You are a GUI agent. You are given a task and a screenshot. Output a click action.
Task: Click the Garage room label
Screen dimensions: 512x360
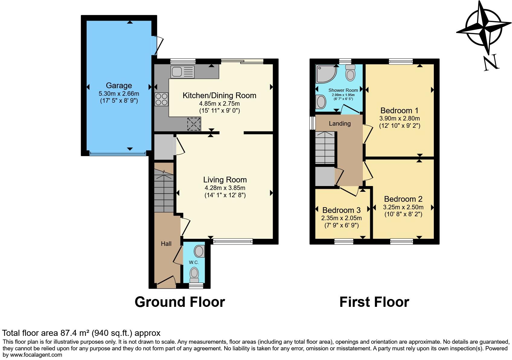pyautogui.click(x=119, y=85)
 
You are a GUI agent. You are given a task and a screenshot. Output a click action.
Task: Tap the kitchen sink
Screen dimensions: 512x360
pyautogui.click(x=182, y=72)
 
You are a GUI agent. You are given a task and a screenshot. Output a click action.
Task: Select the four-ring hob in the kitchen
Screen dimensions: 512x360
pyautogui.click(x=162, y=99)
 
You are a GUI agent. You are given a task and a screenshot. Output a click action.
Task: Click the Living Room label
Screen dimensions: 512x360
pyautogui.click(x=225, y=179)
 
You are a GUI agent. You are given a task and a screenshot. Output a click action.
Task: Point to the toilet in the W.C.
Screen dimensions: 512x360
pyautogui.click(x=194, y=275)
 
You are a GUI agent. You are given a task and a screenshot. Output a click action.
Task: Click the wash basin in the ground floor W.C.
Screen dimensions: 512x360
pyautogui.click(x=199, y=251)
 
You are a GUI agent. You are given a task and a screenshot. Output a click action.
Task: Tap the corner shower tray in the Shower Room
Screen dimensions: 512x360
pyautogui.click(x=326, y=74)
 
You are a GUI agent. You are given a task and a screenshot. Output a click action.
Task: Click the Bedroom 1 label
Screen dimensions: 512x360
pyautogui.click(x=399, y=111)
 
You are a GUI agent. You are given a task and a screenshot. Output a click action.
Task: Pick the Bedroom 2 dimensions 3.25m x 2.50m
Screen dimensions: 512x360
pyautogui.click(x=403, y=207)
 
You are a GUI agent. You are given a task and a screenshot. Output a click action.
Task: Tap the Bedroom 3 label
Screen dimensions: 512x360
pyautogui.click(x=341, y=210)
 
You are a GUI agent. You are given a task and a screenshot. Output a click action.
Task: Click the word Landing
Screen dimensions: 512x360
pyautogui.click(x=340, y=124)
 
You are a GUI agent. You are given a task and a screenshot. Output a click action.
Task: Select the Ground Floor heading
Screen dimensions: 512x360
pyautogui.click(x=180, y=302)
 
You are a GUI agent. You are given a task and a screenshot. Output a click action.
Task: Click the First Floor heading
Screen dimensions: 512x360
pyautogui.click(x=374, y=302)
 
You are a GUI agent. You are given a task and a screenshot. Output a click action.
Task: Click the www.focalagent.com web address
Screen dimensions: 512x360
pyautogui.click(x=36, y=355)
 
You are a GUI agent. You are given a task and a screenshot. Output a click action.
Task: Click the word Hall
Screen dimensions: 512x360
pyautogui.click(x=166, y=244)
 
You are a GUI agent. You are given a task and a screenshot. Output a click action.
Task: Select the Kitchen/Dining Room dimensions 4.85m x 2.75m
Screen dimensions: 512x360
pyautogui.click(x=219, y=103)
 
